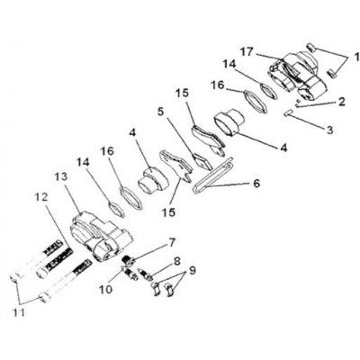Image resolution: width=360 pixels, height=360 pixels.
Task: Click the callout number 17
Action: coord(247,53)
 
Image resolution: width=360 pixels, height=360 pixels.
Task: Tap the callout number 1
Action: coord(356,57)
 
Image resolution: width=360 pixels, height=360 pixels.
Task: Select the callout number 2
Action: coord(341,102)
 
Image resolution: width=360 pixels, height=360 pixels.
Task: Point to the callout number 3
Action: coord(329,130)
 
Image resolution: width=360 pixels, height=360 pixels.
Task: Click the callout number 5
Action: coord(161,112)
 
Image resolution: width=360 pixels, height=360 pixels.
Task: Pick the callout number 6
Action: coord(256,183)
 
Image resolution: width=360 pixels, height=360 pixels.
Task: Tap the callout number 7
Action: coord(172,243)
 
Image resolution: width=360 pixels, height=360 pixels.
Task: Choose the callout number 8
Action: coord(176,261)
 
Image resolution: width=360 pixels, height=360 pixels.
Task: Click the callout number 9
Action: coord(192,271)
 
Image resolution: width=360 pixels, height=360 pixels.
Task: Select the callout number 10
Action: coord(105,289)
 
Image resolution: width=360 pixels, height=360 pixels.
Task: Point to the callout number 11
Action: coord(19,312)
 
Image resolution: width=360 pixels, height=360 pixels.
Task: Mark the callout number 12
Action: coord(41,197)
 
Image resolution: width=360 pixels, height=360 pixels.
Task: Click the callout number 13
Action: coord(62,177)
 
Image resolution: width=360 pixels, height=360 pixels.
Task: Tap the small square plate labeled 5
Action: coord(202,161)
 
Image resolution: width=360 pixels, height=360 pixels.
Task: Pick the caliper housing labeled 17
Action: coord(297,75)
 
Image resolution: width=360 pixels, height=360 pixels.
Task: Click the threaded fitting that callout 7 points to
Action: coord(129,260)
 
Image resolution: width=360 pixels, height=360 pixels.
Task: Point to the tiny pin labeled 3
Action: coord(288,112)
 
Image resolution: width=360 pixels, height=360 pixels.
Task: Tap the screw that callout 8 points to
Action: coord(145,274)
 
